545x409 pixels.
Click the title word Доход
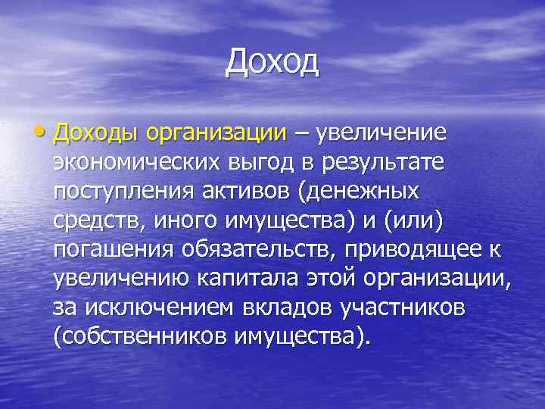coord(272,62)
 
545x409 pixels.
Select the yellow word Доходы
coord(104,134)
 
